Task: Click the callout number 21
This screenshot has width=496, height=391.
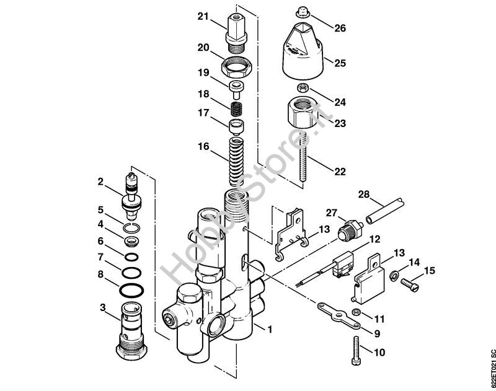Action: (203, 16)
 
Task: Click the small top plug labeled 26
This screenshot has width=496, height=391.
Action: (303, 12)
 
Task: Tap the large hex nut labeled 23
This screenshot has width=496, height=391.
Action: (303, 113)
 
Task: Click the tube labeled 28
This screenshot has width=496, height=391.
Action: (385, 211)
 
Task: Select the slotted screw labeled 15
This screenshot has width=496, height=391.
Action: (410, 284)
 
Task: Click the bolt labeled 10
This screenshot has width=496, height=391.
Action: (356, 350)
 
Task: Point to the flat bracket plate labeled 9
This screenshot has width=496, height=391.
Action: (339, 315)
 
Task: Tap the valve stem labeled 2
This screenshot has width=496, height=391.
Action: (131, 197)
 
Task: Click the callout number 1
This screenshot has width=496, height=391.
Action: (269, 330)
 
